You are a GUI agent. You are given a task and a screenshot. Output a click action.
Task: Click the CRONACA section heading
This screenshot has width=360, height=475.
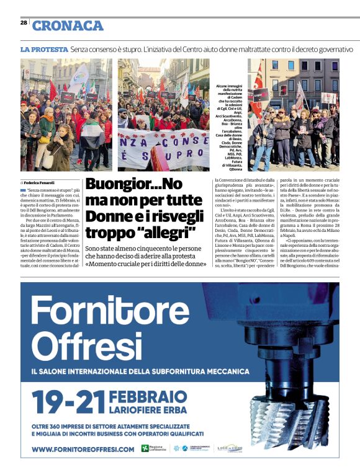[68, 25]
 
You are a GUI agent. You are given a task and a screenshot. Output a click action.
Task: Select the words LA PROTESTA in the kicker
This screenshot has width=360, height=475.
[44, 49]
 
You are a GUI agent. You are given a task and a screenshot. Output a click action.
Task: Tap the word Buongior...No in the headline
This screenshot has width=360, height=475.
[134, 185]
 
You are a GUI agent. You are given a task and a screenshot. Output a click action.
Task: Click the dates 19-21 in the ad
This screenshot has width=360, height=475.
[68, 401]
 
